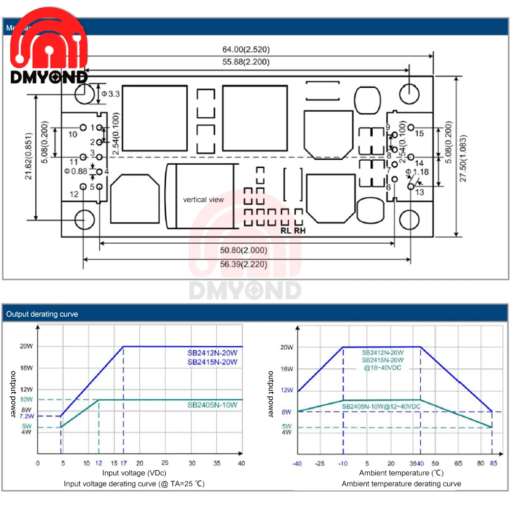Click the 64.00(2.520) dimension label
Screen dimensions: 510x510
[245, 49]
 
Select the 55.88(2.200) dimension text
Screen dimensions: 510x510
[245, 62]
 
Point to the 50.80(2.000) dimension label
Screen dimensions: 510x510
[244, 251]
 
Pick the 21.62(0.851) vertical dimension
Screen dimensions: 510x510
[30, 156]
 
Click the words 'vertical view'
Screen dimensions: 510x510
[203, 199]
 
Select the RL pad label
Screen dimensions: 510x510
[286, 230]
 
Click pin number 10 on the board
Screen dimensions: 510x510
[72, 135]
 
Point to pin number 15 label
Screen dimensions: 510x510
[419, 134]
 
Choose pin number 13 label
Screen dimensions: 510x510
[419, 192]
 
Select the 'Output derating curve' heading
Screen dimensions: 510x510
[42, 314]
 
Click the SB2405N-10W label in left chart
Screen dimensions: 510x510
[212, 405]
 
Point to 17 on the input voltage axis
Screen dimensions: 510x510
[123, 464]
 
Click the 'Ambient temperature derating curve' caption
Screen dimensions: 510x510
[401, 483]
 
